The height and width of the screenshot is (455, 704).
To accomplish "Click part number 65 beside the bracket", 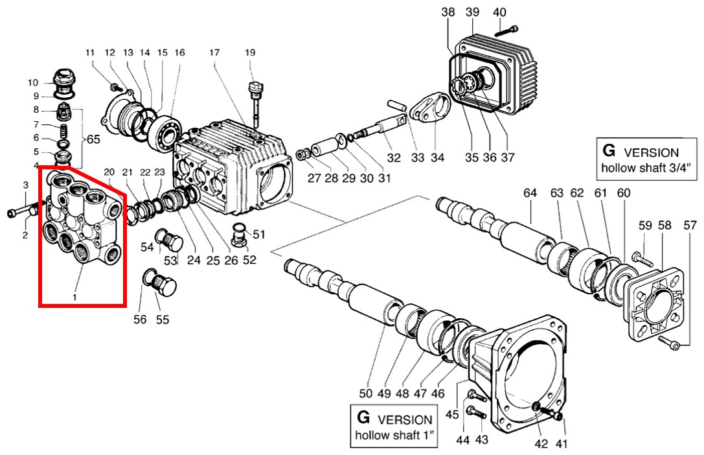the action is (93, 139).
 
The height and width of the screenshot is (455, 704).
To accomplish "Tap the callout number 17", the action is (214, 52).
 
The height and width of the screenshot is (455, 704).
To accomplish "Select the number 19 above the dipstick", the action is (250, 52).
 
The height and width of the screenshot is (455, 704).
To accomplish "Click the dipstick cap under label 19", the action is (255, 86).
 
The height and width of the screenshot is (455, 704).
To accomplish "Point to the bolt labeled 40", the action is (507, 30).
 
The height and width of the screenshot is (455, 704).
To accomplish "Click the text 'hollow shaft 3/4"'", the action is (646, 168).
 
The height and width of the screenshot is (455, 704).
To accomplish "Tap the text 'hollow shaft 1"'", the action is (395, 436).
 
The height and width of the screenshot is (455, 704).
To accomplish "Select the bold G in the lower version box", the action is (363, 417).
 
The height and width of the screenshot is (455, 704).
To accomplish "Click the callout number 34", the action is (437, 157).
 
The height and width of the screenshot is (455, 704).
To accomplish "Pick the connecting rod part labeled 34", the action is (429, 108).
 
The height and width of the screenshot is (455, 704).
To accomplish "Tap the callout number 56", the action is (140, 319).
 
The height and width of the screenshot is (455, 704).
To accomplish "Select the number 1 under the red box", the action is (74, 297).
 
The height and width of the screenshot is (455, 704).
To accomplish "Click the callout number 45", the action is (452, 414).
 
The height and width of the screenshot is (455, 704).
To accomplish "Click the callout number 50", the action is (366, 393).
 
